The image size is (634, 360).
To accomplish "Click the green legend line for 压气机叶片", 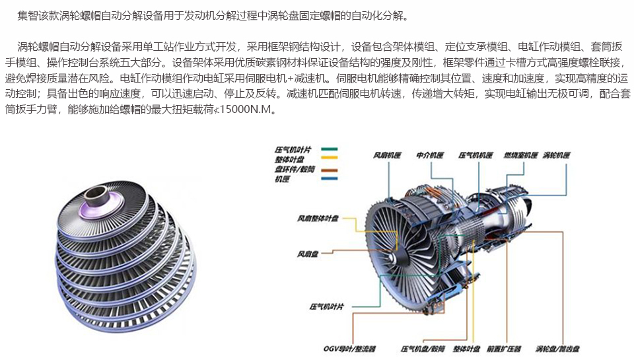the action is (329, 149).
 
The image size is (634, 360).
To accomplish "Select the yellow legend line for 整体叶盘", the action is (329, 158).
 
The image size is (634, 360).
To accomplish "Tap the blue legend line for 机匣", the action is (329, 178).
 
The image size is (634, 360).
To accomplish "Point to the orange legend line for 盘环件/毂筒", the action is (329, 170).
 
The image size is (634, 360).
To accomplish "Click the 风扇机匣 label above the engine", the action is (387, 155).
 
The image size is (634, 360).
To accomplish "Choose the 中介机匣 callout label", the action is (430, 155).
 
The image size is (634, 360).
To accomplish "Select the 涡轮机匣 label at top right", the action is (556, 155).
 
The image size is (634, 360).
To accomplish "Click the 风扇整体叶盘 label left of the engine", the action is (318, 219).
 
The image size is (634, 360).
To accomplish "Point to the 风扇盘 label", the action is (308, 254).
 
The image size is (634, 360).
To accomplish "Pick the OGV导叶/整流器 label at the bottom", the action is (349, 349).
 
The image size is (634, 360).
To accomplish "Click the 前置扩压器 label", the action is (504, 349).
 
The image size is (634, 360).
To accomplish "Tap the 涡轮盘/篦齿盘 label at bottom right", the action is (557, 349).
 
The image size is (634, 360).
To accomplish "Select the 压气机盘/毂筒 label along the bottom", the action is (423, 349).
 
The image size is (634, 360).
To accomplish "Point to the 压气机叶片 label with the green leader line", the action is (327, 306).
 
